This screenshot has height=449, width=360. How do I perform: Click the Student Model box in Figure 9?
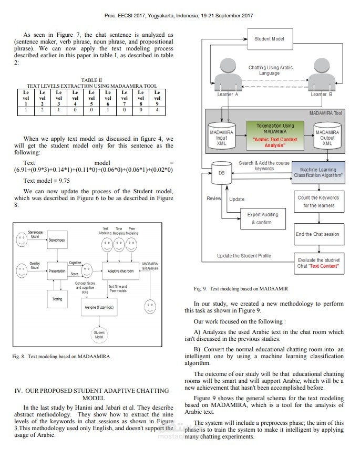(x=270, y=39)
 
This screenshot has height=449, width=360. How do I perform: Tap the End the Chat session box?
(x=317, y=234)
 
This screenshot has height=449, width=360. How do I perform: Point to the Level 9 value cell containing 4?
(x=157, y=110)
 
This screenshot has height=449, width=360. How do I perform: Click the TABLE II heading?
(x=91, y=80)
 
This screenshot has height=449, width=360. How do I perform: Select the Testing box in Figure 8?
(x=57, y=299)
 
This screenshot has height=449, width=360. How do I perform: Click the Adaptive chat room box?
(x=120, y=272)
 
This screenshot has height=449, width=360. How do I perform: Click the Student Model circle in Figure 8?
(x=99, y=334)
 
